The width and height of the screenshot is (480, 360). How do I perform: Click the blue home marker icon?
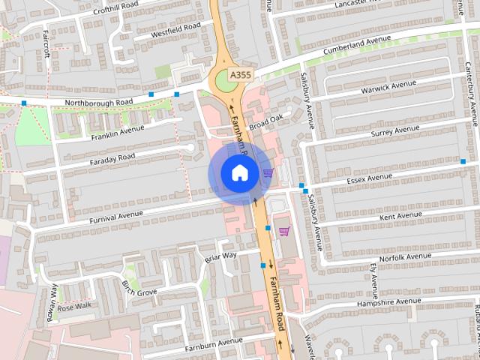(239, 173)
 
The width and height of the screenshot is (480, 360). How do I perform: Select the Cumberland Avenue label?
(358, 45)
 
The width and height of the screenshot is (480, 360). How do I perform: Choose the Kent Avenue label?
(401, 216)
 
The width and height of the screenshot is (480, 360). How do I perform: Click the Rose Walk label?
(74, 306)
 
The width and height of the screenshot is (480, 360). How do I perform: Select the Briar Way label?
(220, 257)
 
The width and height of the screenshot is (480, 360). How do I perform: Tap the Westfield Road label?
(175, 30)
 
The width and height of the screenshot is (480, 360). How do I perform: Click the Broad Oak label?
(266, 121)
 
